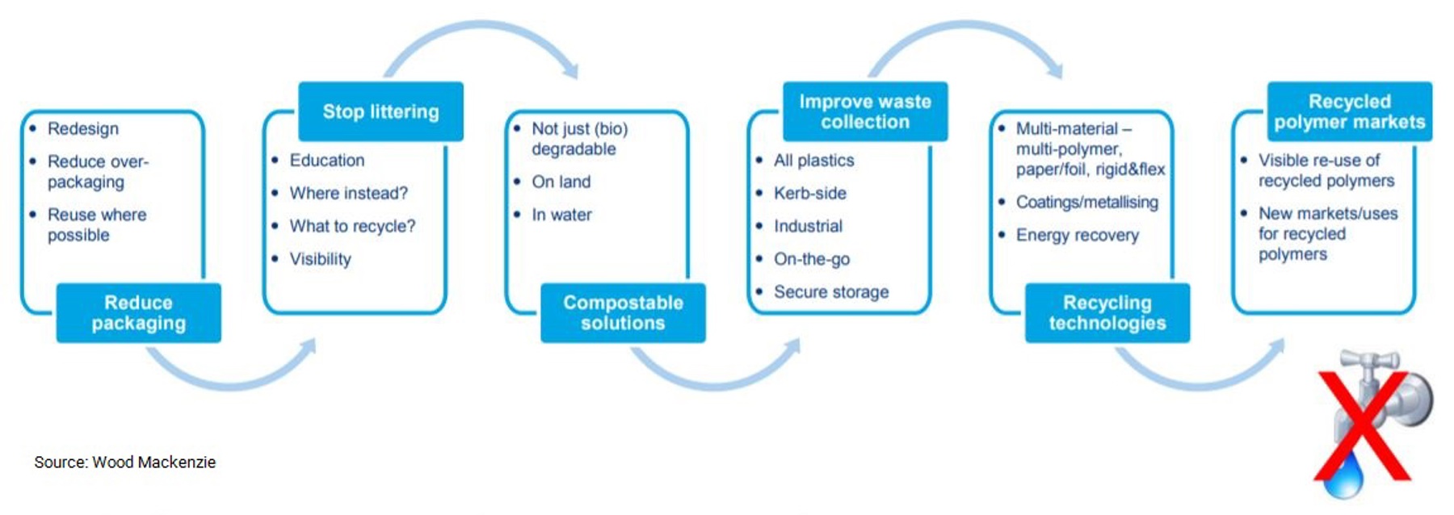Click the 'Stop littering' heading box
[380, 111]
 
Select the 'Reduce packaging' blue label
[138, 312]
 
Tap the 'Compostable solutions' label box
[623, 312]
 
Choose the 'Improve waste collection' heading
[865, 111]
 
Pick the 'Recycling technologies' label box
[1107, 312]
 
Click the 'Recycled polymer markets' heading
[1350, 111]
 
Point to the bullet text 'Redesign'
[83, 128]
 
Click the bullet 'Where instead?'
[348, 193]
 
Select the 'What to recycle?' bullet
[352, 226]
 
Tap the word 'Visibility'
[321, 259]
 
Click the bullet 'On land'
[561, 182]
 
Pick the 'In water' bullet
[561, 215]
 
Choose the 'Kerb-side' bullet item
[810, 193]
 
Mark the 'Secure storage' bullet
[831, 291]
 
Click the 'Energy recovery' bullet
[1077, 235]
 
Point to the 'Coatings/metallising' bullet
[1086, 202]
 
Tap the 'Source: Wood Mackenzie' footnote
[125, 462]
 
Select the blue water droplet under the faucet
[1345, 476]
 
